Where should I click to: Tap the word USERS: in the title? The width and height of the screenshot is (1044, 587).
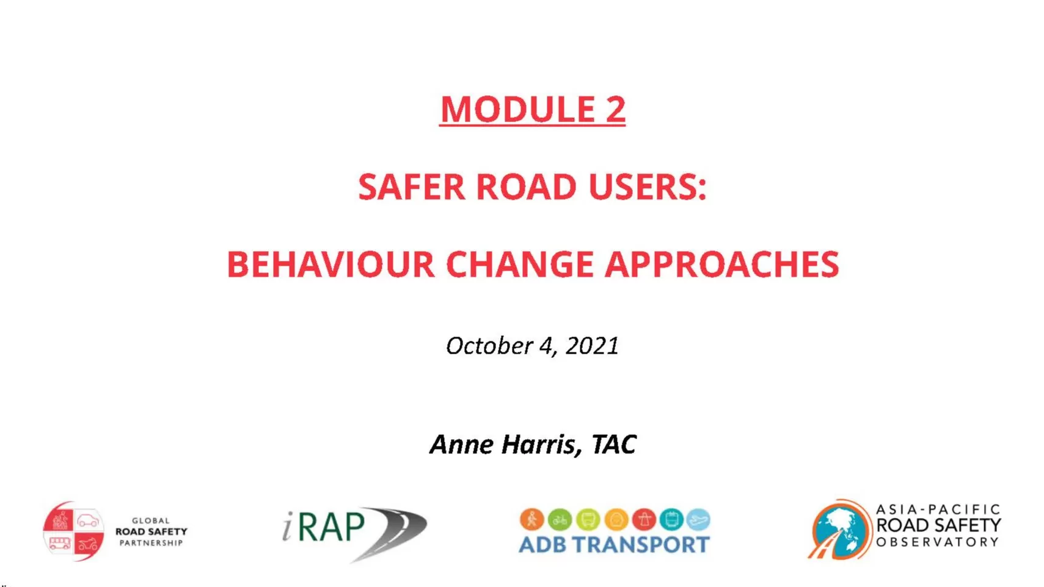(x=648, y=187)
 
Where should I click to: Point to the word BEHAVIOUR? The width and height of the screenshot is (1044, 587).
(x=330, y=264)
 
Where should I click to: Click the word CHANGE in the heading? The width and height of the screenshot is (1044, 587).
(x=519, y=264)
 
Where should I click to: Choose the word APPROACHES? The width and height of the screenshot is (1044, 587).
(x=722, y=264)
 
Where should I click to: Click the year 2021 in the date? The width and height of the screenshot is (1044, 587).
(x=592, y=346)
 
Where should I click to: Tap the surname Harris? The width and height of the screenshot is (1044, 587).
(x=541, y=444)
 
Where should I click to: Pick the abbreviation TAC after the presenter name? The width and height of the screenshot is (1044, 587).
(x=614, y=444)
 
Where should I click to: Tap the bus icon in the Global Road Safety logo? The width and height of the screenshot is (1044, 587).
(x=60, y=543)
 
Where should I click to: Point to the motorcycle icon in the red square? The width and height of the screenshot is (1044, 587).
(x=88, y=544)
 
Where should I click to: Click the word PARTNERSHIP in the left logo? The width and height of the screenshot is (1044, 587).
(x=151, y=543)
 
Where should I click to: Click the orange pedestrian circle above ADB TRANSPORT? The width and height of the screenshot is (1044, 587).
(x=532, y=519)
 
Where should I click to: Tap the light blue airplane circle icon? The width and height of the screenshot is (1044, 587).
(x=698, y=519)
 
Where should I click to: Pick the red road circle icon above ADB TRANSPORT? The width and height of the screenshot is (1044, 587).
(x=644, y=519)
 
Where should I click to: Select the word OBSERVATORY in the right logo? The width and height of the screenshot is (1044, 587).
(x=938, y=542)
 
